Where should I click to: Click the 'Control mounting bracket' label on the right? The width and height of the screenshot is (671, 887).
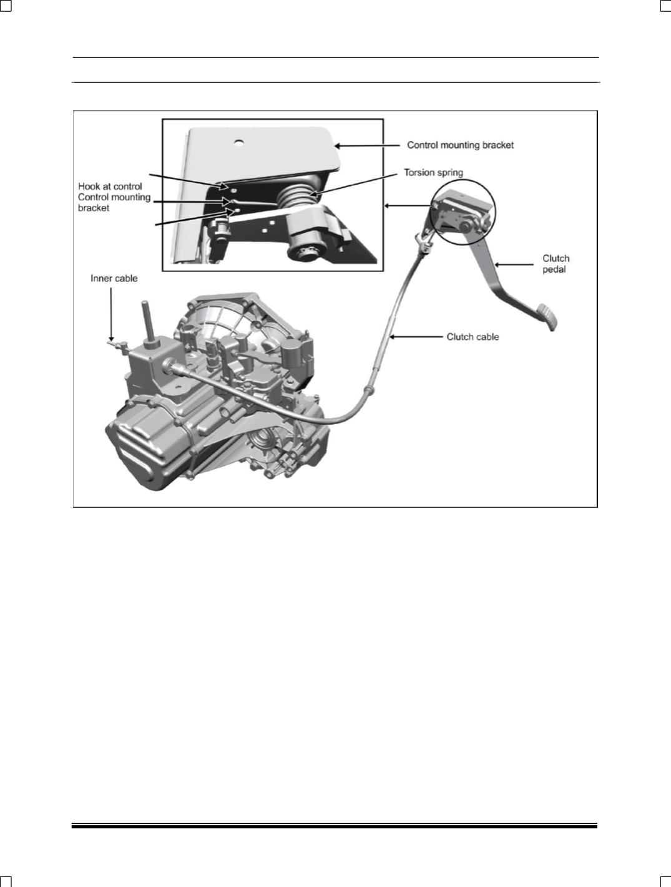pos(460,145)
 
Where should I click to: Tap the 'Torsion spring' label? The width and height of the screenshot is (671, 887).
pos(433,173)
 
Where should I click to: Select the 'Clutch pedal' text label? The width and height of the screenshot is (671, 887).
pos(556,264)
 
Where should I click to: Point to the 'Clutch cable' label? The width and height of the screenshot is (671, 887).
pos(473,337)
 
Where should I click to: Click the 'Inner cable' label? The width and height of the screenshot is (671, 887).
pos(114,278)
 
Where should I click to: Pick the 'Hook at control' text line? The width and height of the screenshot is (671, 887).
pos(110,187)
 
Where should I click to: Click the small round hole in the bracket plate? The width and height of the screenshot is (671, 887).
pos(239,142)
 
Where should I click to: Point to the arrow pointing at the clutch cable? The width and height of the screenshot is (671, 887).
pos(416,336)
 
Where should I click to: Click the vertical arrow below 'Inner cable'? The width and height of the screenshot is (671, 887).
pos(110,314)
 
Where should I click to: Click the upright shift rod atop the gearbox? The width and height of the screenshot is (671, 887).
pos(147,322)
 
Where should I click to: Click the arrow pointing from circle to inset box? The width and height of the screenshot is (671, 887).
pos(408,206)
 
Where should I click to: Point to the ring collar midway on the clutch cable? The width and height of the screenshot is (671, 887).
pos(369,390)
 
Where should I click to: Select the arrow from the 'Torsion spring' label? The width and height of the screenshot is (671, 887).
pos(355,184)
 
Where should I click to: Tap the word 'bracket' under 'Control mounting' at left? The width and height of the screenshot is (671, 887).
pos(94,208)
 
